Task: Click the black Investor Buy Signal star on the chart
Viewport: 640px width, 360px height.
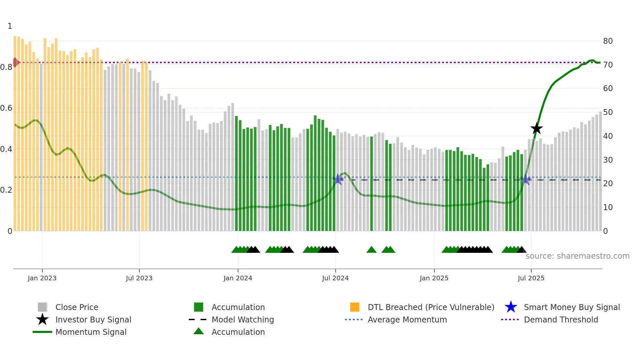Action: click(x=536, y=128)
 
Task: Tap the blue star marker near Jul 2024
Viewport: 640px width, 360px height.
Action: click(x=339, y=179)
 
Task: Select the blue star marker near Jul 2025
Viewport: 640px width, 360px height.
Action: click(x=526, y=179)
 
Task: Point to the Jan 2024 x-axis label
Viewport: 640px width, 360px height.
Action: click(x=238, y=278)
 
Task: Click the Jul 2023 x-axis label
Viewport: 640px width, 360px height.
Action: click(x=139, y=278)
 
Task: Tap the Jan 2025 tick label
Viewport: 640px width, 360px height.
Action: click(x=434, y=278)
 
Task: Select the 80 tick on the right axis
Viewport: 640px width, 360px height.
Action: click(x=608, y=41)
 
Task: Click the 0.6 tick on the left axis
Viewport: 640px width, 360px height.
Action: click(x=6, y=108)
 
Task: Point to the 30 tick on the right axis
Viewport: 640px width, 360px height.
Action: click(x=608, y=160)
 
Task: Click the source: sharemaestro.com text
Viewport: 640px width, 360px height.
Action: click(x=577, y=256)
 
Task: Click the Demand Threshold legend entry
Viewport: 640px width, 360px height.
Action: click(x=561, y=320)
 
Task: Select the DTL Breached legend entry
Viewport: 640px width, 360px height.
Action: click(x=431, y=307)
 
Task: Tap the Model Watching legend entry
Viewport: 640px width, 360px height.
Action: click(x=242, y=320)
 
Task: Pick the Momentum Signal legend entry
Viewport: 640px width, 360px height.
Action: click(x=91, y=332)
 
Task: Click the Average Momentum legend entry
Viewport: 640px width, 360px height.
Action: click(x=407, y=320)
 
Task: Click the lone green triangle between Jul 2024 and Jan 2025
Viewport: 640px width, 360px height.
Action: click(x=372, y=250)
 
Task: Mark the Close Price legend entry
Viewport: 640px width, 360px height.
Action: click(x=76, y=307)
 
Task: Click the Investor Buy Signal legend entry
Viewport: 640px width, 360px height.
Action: click(x=93, y=320)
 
